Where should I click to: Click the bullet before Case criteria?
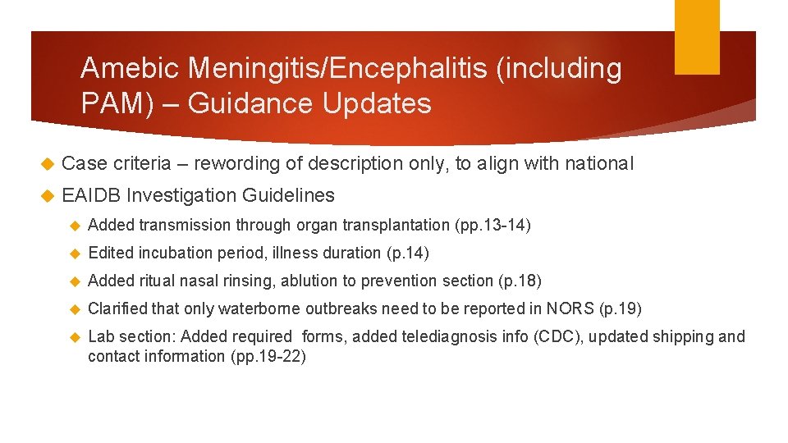46,164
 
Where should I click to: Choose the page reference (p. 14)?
408,253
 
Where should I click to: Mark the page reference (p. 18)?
520,281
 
